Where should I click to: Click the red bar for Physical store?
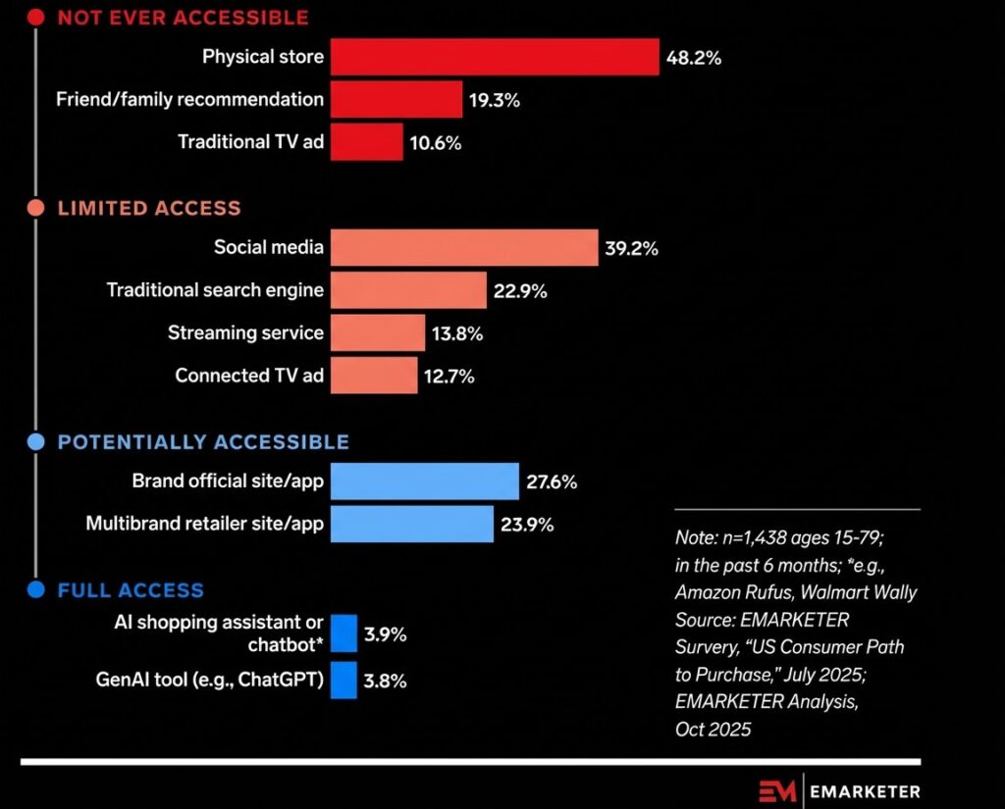pos(494,57)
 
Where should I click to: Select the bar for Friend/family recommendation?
pos(396,99)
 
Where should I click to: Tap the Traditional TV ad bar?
pos(366,142)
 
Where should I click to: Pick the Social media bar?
pos(463,247)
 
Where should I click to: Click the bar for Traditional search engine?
pos(407,290)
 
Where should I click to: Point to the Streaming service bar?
pos(377,332)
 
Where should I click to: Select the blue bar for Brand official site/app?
pos(424,481)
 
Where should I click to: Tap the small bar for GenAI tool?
pos(344,680)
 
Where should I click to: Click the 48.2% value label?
pos(693,58)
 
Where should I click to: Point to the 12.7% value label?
pos(450,376)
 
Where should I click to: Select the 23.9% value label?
pos(527,525)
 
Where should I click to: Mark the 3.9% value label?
pos(385,634)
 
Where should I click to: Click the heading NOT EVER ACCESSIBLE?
pos(183,18)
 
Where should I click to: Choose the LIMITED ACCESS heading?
pos(149,208)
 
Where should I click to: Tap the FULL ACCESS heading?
pos(131,590)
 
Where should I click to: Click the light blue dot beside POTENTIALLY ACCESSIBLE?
pos(36,442)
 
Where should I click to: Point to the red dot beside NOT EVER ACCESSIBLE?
pos(36,18)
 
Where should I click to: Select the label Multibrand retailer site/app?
pos(205,524)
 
